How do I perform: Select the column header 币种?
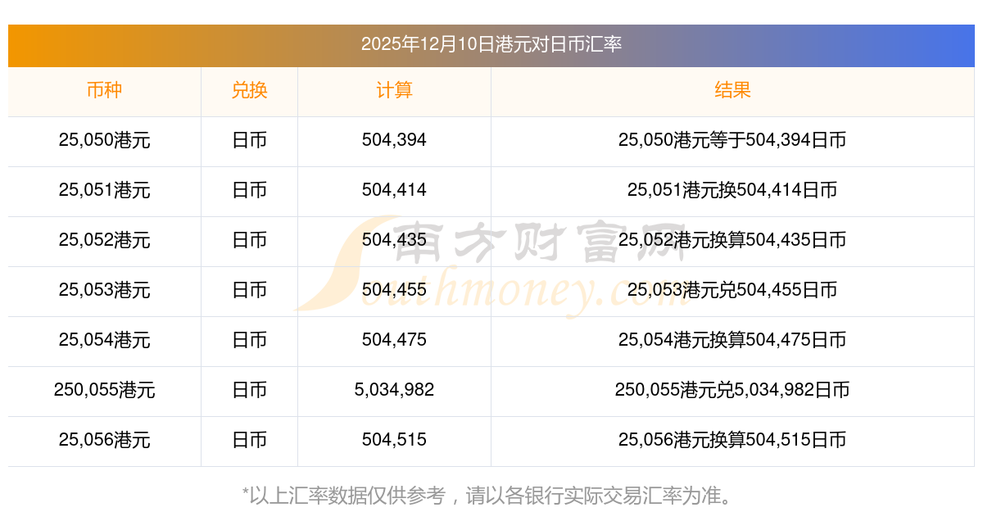104,90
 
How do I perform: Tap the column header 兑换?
249,90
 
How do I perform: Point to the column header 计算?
394,90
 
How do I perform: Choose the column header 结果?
732,90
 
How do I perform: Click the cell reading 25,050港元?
104,140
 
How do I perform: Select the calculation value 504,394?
394,140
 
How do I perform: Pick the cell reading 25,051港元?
104,190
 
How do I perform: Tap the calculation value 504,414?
394,190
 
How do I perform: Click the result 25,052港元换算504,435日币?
732,240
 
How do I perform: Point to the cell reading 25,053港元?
104,290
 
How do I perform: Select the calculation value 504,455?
394,290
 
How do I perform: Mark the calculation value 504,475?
394,340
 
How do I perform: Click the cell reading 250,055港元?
104,390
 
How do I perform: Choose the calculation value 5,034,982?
394,390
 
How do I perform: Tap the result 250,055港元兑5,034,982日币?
732,390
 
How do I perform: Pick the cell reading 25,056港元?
104,440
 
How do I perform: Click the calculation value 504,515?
394,440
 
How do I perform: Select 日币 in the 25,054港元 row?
249,340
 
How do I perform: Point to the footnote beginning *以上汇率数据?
488,496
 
